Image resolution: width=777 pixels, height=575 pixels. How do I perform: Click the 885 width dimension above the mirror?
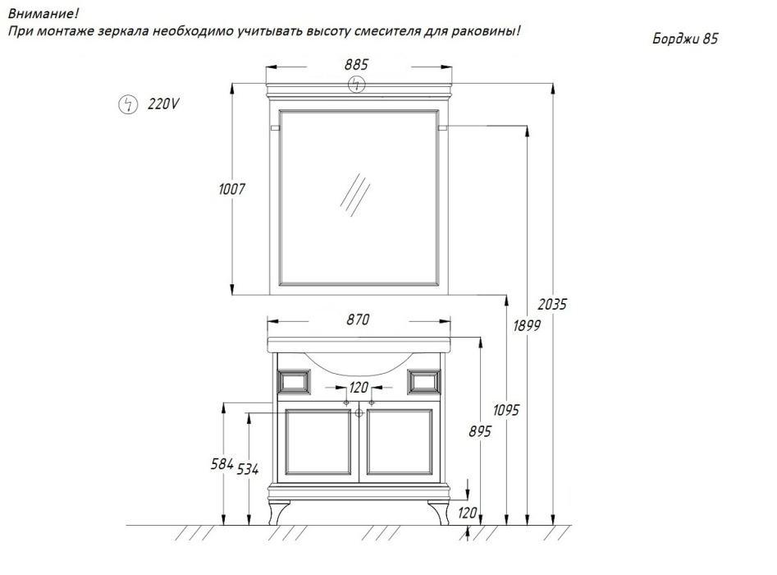click(x=356, y=65)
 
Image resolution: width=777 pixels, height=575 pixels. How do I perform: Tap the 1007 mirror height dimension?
click(x=232, y=189)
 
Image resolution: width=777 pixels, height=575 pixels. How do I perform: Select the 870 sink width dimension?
click(x=358, y=320)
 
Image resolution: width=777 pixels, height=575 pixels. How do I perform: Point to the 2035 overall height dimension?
click(x=552, y=304)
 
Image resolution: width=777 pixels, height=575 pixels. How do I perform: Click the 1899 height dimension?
click(x=527, y=325)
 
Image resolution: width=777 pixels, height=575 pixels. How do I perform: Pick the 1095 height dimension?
click(x=506, y=410)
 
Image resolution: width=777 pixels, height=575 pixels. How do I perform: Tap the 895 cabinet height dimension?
click(x=480, y=431)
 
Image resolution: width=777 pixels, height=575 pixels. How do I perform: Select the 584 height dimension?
click(x=222, y=464)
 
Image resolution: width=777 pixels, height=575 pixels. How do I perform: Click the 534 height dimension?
click(x=247, y=469)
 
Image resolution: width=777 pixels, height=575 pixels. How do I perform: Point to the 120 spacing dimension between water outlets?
click(x=359, y=387)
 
